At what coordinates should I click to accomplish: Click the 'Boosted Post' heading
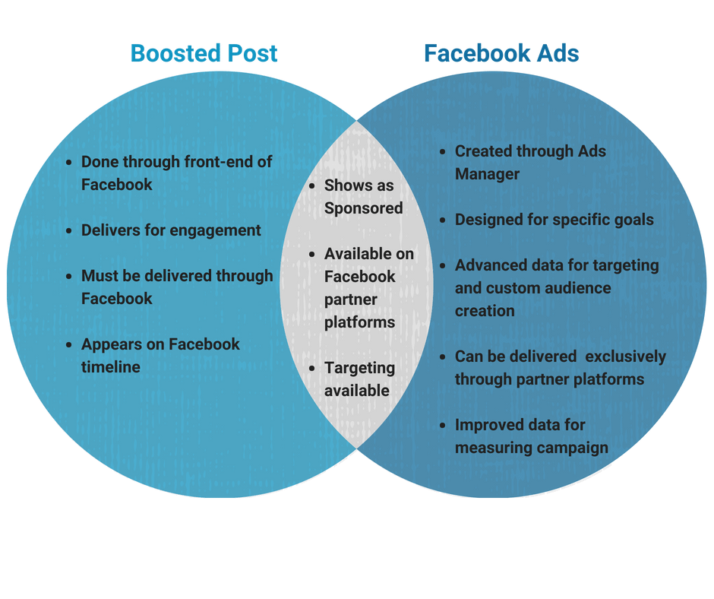click(x=204, y=54)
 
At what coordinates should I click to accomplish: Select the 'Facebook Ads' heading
click(x=501, y=54)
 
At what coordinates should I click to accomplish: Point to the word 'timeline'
click(x=111, y=367)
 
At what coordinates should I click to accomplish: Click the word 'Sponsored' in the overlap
click(x=363, y=208)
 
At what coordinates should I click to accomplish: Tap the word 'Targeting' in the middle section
click(x=359, y=368)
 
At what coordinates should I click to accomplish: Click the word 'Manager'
click(x=487, y=174)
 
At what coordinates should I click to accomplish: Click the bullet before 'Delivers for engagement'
click(x=70, y=231)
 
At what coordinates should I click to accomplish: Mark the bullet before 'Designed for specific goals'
click(x=444, y=220)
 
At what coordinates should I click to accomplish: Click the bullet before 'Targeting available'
click(x=313, y=369)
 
